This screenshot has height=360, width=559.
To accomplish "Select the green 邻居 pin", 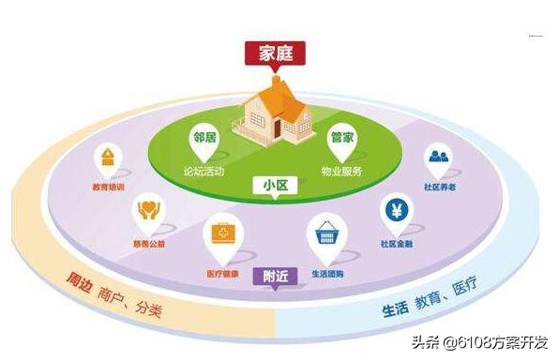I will (204, 138).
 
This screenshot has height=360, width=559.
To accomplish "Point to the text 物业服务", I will (341, 172).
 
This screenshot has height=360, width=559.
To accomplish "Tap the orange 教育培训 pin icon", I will (110, 157).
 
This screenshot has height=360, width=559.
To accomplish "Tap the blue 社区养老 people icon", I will (439, 157).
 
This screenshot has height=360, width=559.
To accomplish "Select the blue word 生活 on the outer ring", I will (395, 308).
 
